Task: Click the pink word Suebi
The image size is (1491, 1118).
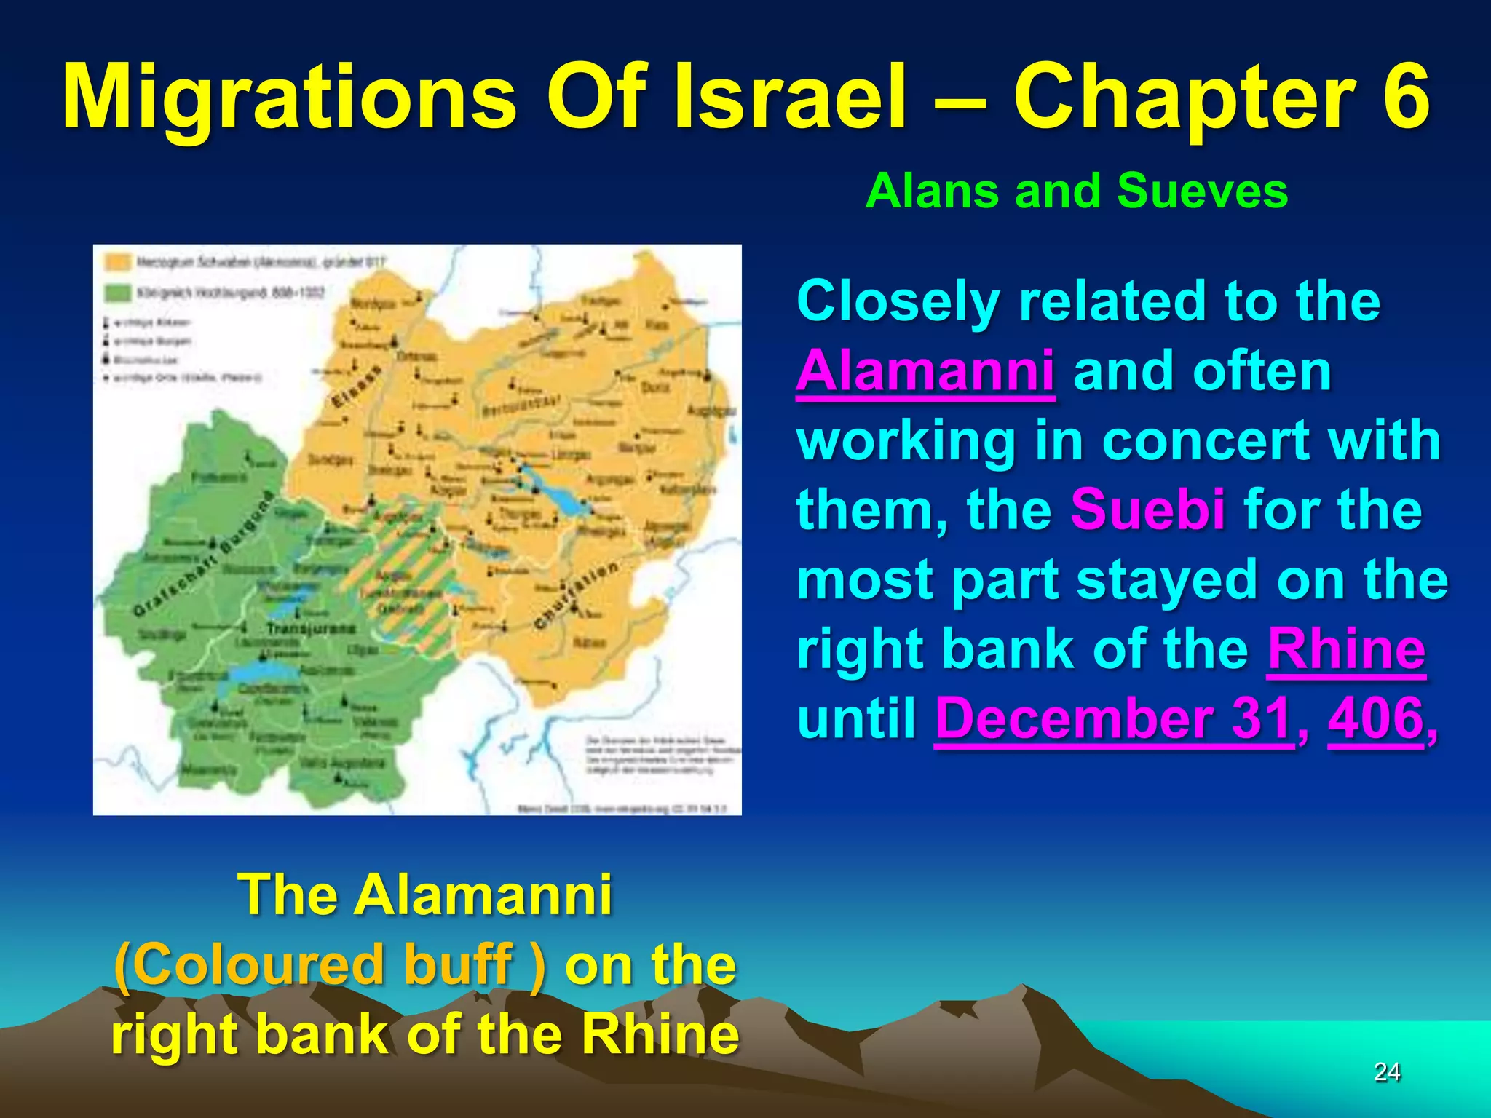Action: (1147, 510)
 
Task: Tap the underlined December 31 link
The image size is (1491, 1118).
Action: (1114, 718)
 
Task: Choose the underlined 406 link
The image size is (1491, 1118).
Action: (1375, 718)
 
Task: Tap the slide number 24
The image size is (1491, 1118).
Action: (1386, 1071)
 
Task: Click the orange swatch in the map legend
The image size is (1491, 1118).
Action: (118, 262)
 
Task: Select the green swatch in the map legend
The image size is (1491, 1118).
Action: (118, 293)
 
